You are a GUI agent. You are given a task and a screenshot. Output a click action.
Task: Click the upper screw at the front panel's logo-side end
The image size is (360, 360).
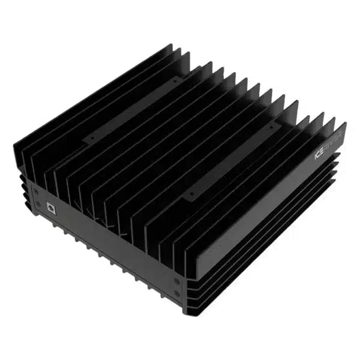(x=176, y=280)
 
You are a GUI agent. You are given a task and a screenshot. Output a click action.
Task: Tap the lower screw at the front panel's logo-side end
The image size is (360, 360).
(x=176, y=293)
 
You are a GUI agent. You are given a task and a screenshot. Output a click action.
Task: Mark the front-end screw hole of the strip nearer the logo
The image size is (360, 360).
(x=191, y=194)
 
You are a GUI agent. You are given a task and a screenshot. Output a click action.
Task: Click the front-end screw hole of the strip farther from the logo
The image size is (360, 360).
(x=91, y=137)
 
